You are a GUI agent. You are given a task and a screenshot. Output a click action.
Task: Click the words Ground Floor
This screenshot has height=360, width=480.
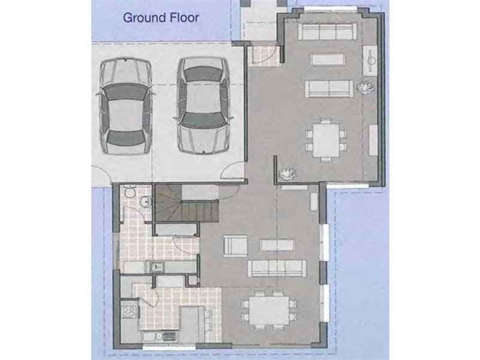coord(161,18)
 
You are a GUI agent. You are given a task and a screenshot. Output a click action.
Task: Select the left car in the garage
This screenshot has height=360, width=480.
coord(126,106)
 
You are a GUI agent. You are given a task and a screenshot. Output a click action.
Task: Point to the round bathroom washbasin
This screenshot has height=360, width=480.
coord(145,202)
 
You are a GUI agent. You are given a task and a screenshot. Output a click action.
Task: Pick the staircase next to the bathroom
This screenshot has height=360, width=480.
coord(186,203)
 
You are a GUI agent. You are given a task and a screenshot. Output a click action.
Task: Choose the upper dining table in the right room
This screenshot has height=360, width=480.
coord(326,140)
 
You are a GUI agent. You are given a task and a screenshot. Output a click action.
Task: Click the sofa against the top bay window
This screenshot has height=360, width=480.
coord(327,31)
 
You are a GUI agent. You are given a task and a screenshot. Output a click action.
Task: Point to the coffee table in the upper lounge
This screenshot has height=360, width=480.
coord(328,59)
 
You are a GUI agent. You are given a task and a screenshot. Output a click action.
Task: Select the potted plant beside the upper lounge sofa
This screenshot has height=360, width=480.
coord(365,88)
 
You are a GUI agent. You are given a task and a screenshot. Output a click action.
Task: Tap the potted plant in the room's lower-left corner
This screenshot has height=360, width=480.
coord(288,174)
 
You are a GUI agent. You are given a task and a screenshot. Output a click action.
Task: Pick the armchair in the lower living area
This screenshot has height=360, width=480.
coord(235,246)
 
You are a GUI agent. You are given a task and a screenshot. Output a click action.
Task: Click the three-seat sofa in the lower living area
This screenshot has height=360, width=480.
coord(277,268)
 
